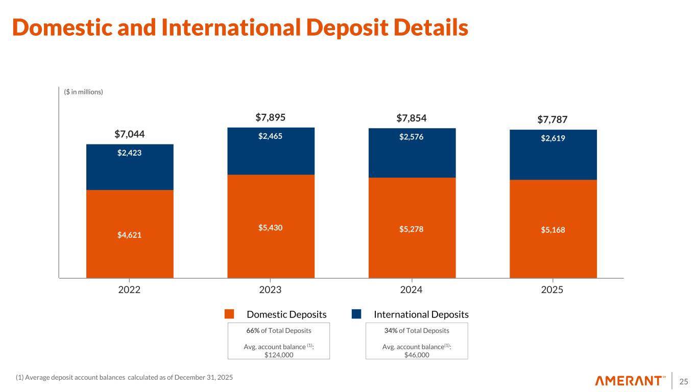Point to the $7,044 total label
coord(130,134)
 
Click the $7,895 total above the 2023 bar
coord(270,118)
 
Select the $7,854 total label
coord(412,118)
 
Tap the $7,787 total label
coord(552,120)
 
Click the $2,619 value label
coord(553,138)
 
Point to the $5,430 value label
coord(271,228)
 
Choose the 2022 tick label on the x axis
coord(130,290)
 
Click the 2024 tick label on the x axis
coord(412,290)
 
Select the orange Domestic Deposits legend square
coord(229,314)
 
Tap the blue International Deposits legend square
coord(356,314)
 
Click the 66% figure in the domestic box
coord(252,330)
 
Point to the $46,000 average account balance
coord(416,355)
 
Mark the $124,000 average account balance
coord(279,355)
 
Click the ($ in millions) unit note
coord(84,92)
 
